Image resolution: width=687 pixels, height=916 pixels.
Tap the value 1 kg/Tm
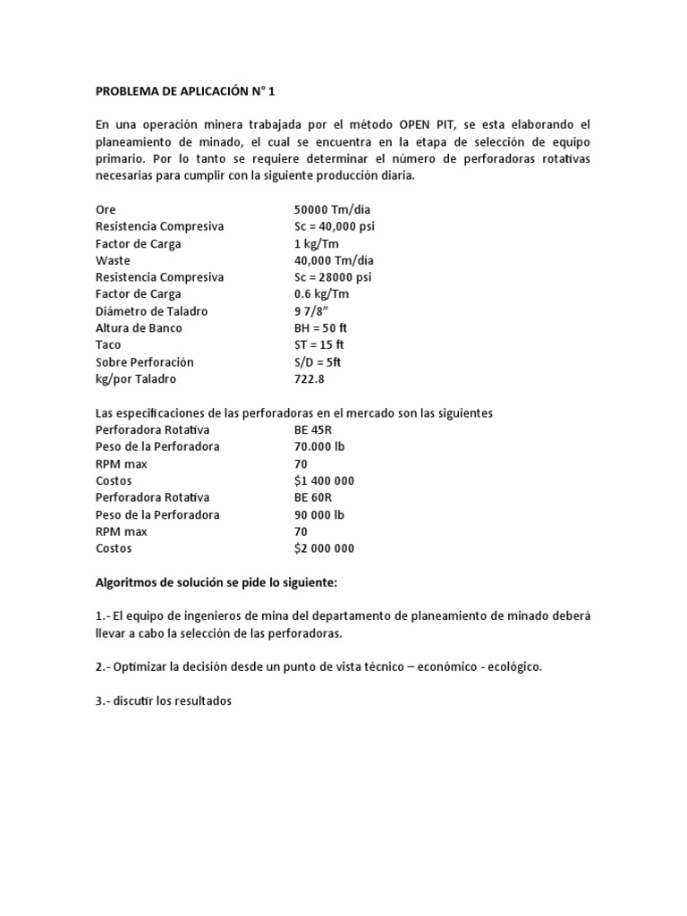(317, 243)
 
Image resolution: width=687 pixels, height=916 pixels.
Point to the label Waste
(113, 260)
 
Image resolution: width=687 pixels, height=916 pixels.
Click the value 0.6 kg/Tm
(322, 294)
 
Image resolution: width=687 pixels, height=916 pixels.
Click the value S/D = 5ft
(318, 362)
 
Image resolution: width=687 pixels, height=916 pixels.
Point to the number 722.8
(310, 379)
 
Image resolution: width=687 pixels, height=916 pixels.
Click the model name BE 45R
(313, 430)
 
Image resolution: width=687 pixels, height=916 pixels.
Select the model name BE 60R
(313, 497)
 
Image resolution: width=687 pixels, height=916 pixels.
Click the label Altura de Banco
(139, 328)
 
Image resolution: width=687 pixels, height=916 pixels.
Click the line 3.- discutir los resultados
(164, 701)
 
